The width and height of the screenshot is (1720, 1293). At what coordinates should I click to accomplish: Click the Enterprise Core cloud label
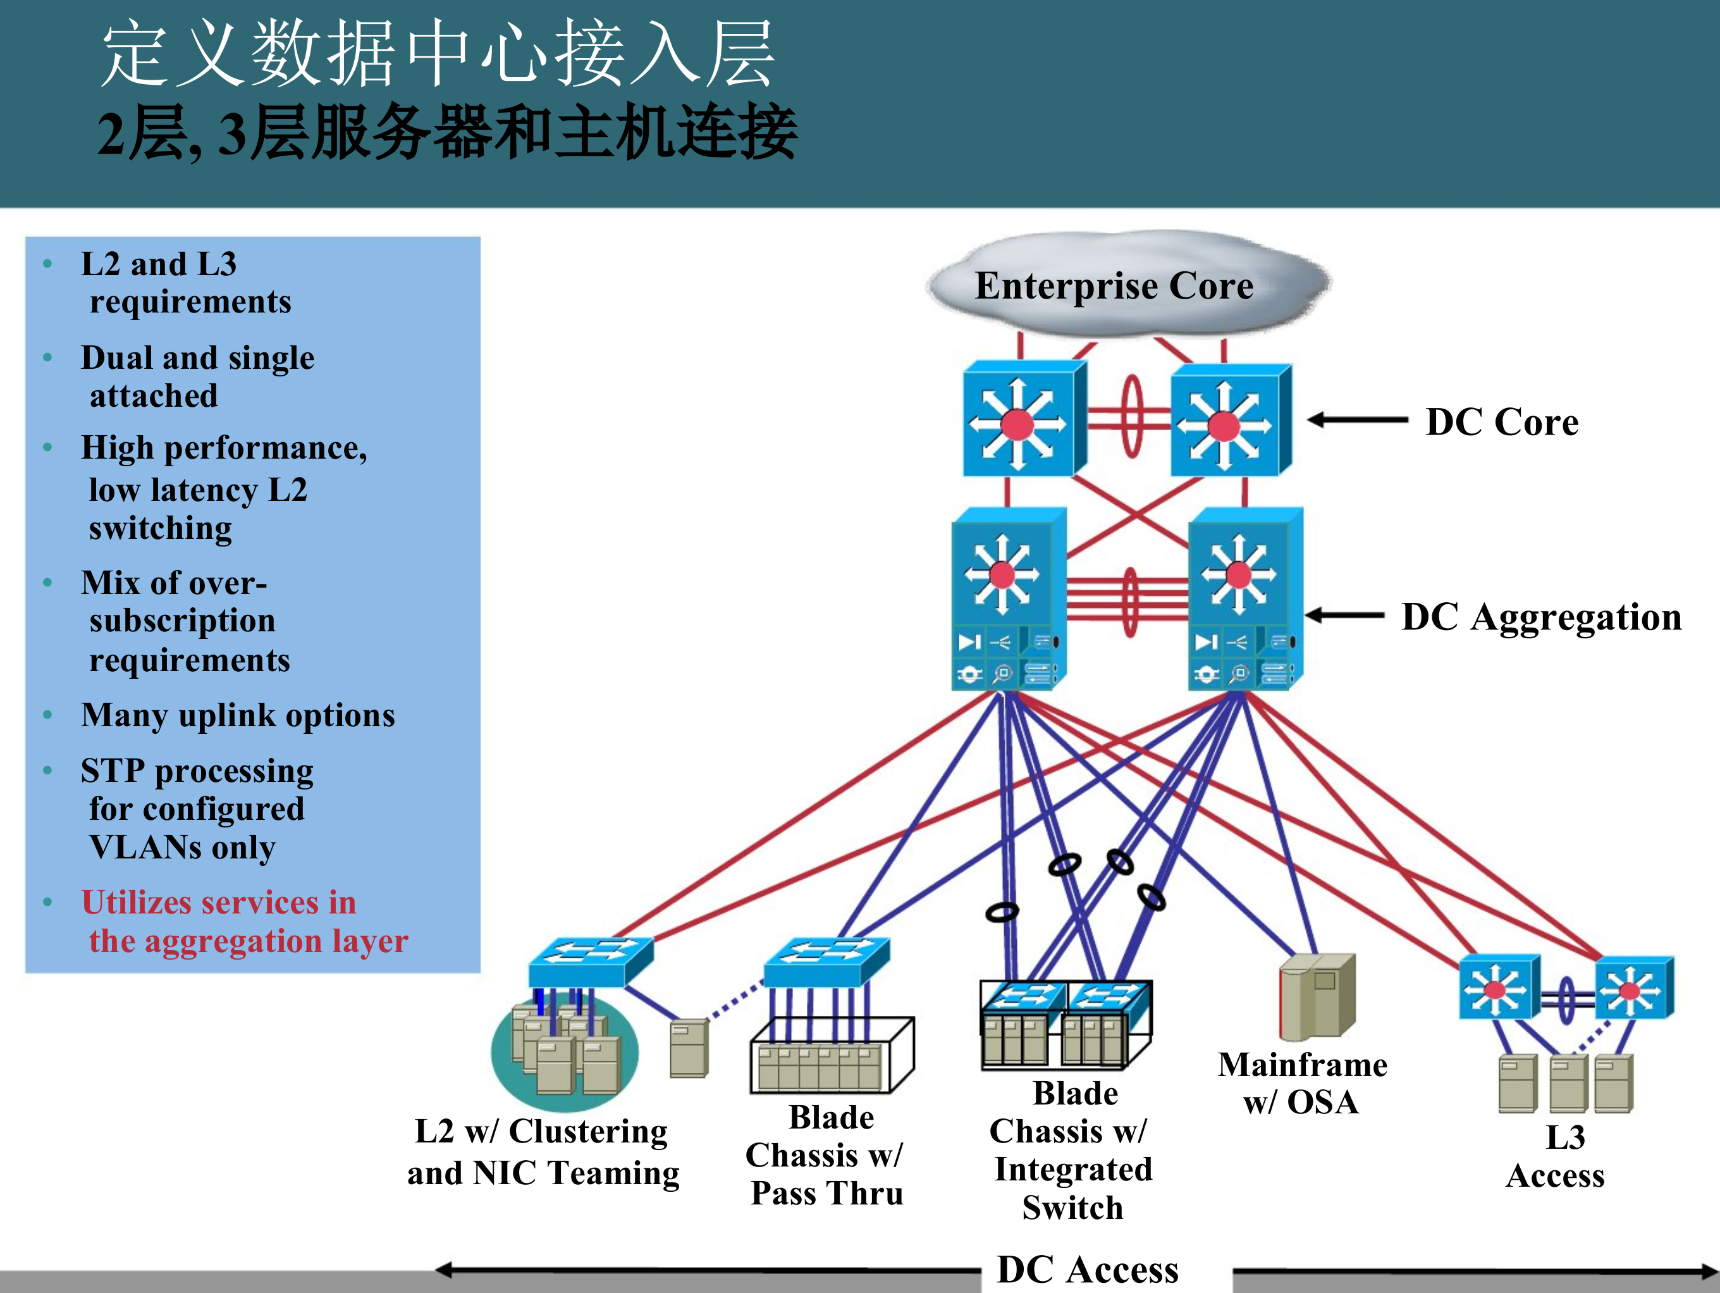tap(1114, 285)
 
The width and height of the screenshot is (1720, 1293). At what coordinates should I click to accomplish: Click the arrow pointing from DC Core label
tap(1357, 420)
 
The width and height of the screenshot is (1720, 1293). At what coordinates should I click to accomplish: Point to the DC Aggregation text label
tap(1541, 617)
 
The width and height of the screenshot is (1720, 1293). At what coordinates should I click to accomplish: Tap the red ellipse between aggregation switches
tap(1130, 602)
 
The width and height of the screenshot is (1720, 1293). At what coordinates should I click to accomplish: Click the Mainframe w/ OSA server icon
tap(1317, 998)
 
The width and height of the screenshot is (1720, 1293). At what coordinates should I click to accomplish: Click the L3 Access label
tap(1557, 1156)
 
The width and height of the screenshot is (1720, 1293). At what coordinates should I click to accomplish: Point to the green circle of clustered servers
tap(565, 1053)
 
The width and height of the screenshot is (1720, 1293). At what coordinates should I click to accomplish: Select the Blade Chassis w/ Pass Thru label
tap(826, 1154)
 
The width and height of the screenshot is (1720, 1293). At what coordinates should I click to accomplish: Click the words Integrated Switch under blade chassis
tap(1073, 1188)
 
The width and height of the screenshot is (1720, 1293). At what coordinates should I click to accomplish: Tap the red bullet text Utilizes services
tap(244, 921)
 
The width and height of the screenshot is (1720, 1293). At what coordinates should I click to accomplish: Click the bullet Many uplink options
tap(238, 715)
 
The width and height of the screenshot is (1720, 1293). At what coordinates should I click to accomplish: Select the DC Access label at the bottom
tap(1087, 1270)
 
